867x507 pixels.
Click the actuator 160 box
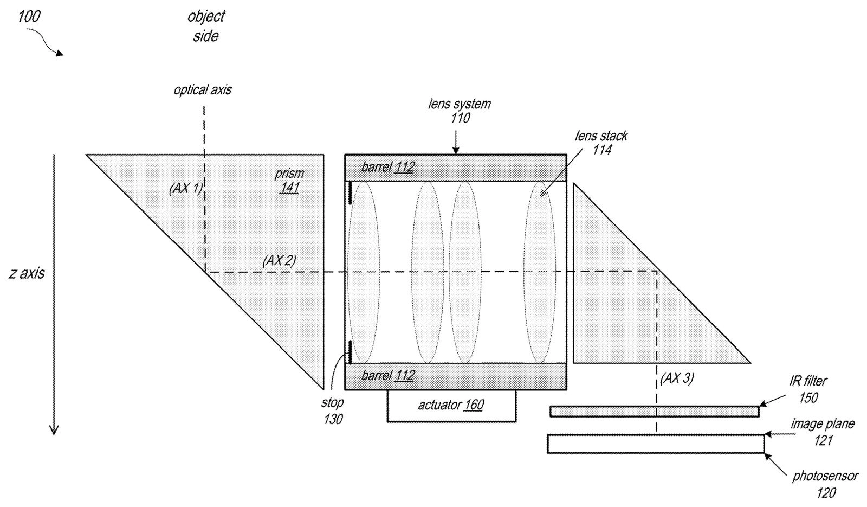(451, 406)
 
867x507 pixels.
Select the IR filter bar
(654, 412)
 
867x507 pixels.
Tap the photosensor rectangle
(655, 444)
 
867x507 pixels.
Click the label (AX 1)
(186, 189)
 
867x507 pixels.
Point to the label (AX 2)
(279, 261)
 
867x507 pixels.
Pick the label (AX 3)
(677, 378)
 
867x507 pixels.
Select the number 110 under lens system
(460, 118)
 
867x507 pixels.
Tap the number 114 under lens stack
(601, 150)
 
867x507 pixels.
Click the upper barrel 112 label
(387, 168)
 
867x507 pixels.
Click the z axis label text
(27, 273)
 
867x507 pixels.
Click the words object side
(206, 27)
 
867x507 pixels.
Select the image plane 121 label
(822, 432)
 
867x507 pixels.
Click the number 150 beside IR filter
(808, 397)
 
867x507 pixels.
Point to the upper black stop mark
(351, 193)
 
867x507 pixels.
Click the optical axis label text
(203, 90)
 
